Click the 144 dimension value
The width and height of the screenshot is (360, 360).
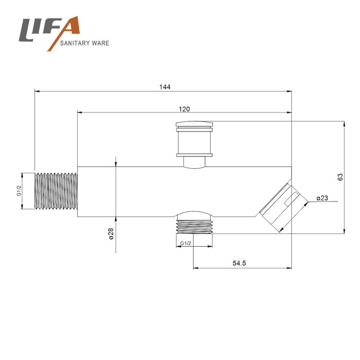click(x=165, y=87)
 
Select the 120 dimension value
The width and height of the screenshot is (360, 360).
click(x=184, y=109)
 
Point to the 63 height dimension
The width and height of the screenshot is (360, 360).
click(x=340, y=177)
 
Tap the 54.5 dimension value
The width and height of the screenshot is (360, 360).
click(x=239, y=263)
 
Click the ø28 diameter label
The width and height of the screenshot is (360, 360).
click(x=111, y=234)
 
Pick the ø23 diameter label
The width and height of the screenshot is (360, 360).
click(x=322, y=198)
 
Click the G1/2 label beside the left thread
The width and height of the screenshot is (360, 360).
click(x=19, y=191)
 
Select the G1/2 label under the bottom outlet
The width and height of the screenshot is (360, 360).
click(x=185, y=243)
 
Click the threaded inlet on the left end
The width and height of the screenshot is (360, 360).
click(x=56, y=191)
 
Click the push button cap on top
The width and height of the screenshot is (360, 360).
click(x=194, y=139)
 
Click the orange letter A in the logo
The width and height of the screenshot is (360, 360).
click(x=64, y=32)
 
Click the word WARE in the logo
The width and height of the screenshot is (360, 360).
click(x=100, y=43)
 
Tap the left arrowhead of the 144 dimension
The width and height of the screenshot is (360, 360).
click(x=37, y=91)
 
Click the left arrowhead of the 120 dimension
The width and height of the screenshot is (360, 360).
click(x=80, y=112)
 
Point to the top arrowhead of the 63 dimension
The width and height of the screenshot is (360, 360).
click(x=344, y=124)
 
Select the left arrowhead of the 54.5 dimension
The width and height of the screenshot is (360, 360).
click(x=196, y=268)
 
